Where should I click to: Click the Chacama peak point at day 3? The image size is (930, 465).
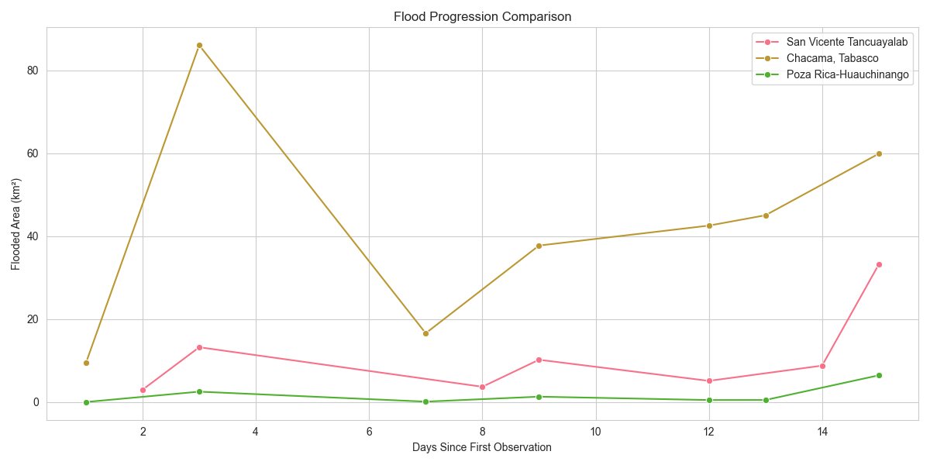pos(199,45)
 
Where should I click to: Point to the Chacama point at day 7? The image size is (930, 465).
pos(425,333)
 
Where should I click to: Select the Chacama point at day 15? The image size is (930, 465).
pos(879,153)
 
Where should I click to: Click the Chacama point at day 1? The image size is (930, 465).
pos(86,363)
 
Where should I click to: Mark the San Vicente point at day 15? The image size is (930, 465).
pos(879,264)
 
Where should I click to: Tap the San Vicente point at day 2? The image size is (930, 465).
pos(143,390)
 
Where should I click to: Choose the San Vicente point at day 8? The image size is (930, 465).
pos(482,387)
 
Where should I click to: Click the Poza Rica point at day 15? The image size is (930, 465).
pos(879,375)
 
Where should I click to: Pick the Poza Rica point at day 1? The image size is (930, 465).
pos(86,402)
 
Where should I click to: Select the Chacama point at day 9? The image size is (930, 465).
pos(539,246)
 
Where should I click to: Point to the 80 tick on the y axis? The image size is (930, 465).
pos(32,71)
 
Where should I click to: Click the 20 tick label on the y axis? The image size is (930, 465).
pos(32,319)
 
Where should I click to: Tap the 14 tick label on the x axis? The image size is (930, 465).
pos(822,432)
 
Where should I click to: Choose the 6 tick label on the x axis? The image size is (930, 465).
pos(369,432)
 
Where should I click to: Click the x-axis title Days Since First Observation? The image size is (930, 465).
pos(482,448)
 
